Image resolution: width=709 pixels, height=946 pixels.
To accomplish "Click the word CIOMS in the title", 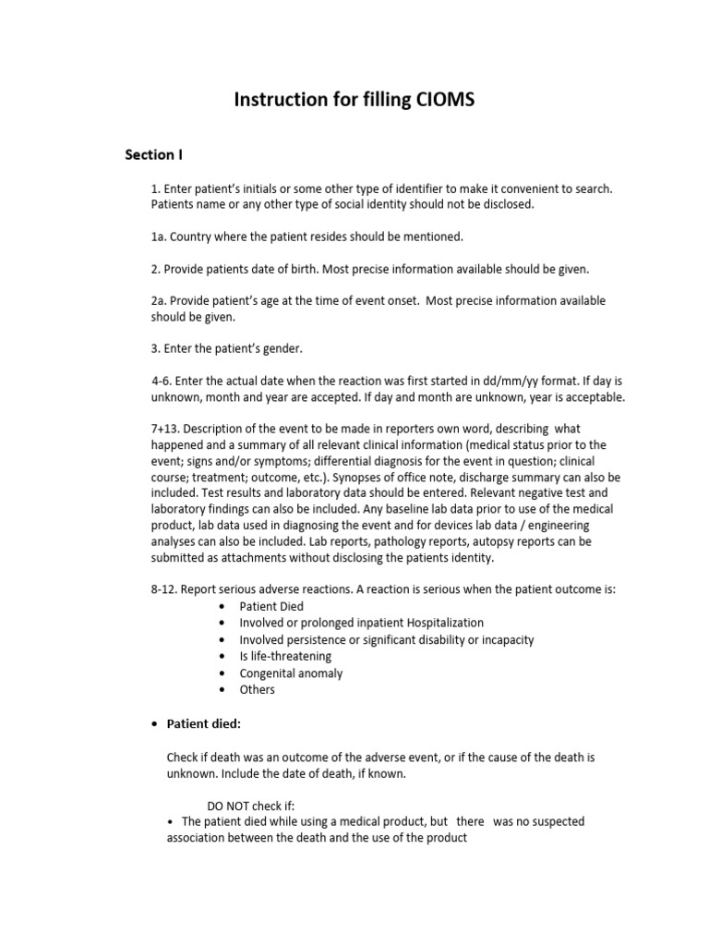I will pyautogui.click(x=441, y=100).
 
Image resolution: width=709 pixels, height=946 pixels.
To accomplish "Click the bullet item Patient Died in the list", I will pyautogui.click(x=271, y=606).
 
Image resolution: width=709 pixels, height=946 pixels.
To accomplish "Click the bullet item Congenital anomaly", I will pyautogui.click(x=291, y=673).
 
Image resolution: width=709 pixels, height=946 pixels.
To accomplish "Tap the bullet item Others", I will pyautogui.click(x=257, y=689).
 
